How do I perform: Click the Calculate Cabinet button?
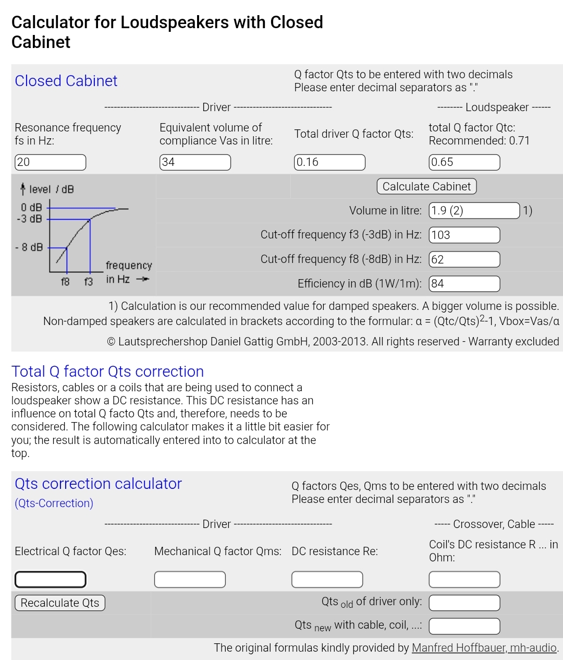426,186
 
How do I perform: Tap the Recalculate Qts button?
60,603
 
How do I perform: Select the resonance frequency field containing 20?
50,162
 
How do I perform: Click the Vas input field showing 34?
195,162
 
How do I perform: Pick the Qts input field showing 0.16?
329,162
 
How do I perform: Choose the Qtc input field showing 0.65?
464,162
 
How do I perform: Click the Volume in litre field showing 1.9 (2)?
474,210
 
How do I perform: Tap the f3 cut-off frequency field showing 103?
464,235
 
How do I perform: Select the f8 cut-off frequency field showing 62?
464,259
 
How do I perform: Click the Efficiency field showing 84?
464,284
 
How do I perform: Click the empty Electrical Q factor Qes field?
50,579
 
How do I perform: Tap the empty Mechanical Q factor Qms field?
190,579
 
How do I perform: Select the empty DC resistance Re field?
327,579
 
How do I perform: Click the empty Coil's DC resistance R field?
464,579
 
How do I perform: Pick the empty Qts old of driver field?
464,603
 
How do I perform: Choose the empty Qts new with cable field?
464,626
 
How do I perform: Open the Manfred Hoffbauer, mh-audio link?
484,647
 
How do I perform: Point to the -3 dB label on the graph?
29,219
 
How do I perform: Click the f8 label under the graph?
65,282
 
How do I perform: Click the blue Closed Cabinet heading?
66,81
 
